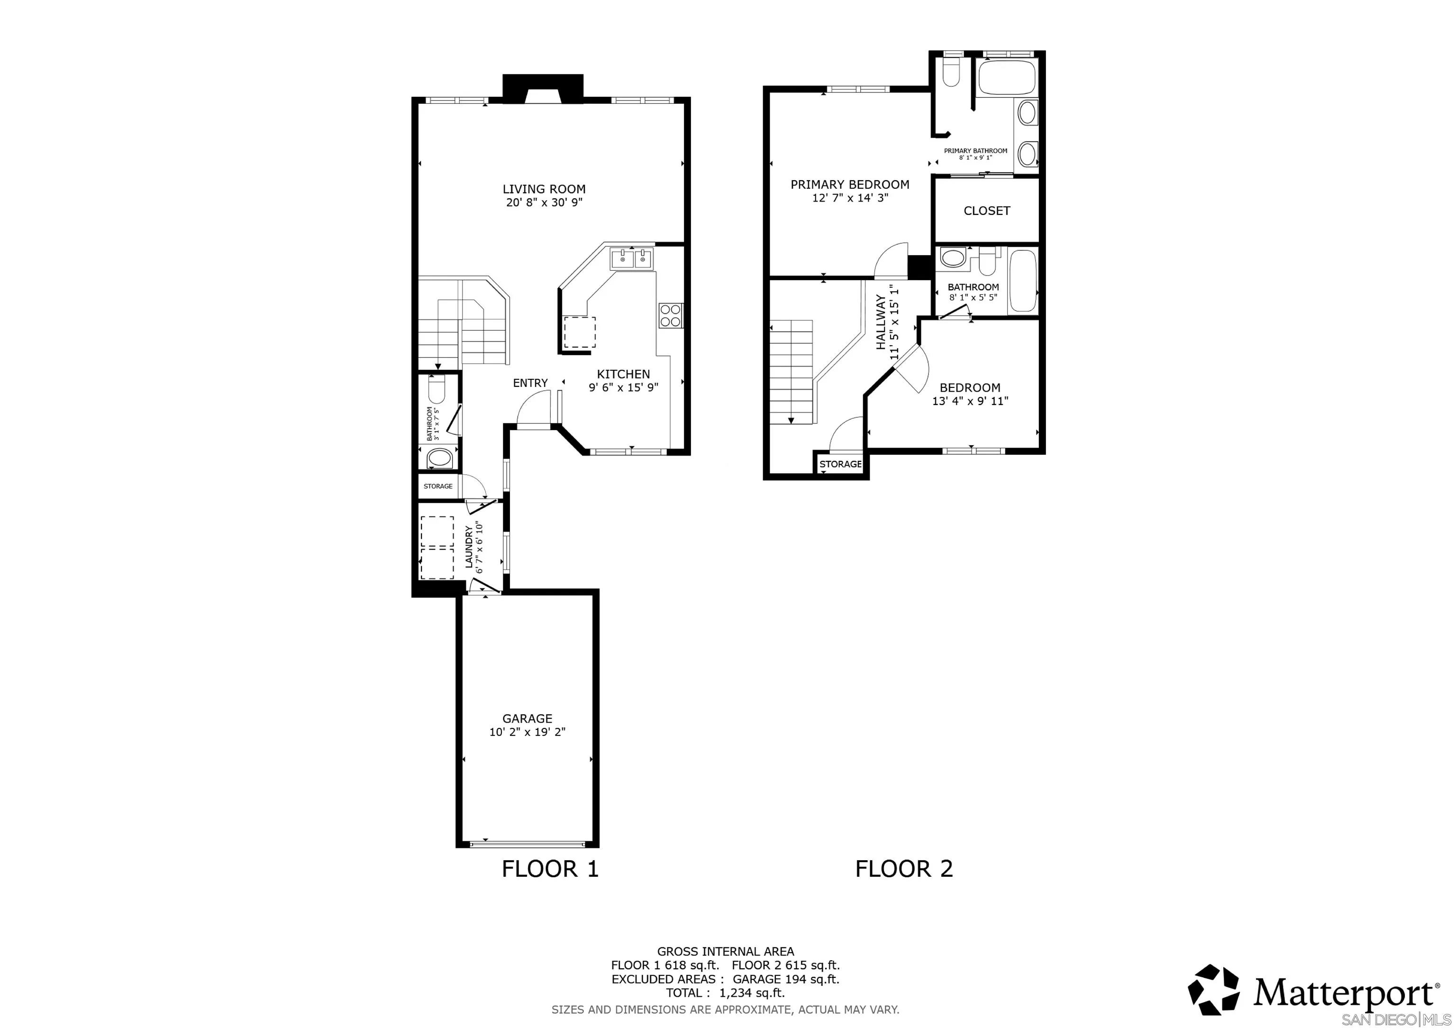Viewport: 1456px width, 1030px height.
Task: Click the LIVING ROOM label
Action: coord(544,189)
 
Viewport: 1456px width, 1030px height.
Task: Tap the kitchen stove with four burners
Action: coord(670,315)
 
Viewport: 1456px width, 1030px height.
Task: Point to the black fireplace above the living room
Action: coord(542,88)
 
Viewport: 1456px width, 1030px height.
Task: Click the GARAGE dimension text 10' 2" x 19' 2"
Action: coord(527,732)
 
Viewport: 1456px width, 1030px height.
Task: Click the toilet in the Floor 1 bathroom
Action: coord(437,388)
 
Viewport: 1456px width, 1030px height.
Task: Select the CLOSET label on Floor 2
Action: coord(986,211)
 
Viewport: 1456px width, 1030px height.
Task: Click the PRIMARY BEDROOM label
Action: coord(849,184)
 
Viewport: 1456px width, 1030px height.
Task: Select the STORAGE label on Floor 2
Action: coord(840,464)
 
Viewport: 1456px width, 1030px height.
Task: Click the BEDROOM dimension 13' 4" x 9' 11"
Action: coord(970,401)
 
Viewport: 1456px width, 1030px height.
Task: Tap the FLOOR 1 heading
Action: coord(550,868)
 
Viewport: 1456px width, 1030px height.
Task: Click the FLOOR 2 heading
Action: coord(904,868)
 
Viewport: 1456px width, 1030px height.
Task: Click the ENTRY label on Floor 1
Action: coord(530,383)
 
